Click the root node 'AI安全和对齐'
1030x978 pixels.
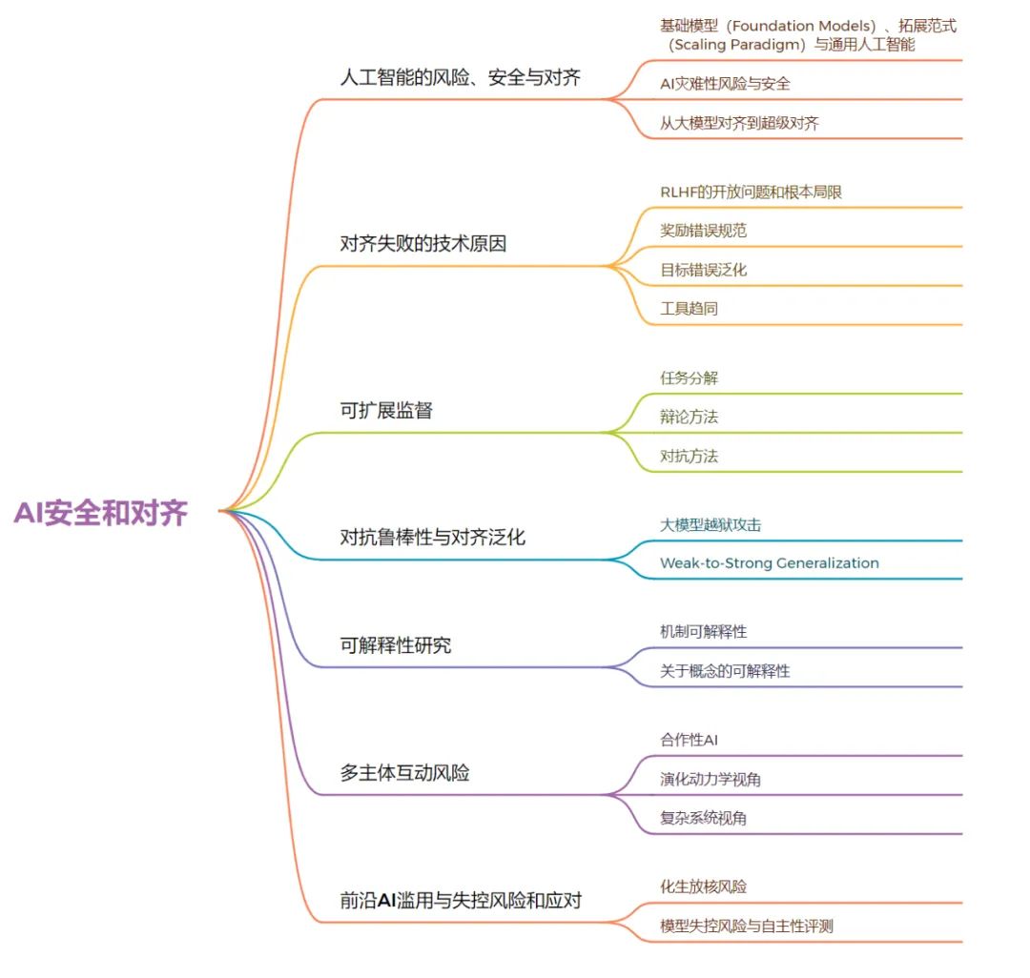(100, 514)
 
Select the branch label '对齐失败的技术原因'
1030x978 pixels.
(422, 244)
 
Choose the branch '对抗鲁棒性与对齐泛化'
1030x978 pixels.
(432, 538)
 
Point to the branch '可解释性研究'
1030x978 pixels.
(395, 645)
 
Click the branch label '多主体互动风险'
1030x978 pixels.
(404, 773)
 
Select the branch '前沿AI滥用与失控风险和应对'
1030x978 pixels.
(461, 900)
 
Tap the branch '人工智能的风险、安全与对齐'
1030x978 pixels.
(460, 78)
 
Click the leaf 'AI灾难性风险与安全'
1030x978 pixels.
(725, 84)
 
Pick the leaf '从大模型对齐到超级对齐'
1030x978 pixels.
(739, 123)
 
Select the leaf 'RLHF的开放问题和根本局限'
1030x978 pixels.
(751, 192)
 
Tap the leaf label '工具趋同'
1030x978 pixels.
(689, 309)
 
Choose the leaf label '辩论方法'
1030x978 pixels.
(689, 417)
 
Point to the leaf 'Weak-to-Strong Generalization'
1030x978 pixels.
(769, 563)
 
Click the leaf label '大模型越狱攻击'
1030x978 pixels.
(711, 524)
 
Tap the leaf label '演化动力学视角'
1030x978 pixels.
(710, 780)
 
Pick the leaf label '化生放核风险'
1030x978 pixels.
(703, 886)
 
